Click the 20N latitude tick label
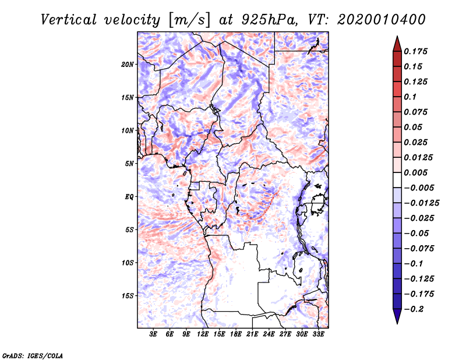(x=128, y=64)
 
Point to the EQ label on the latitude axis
(x=129, y=197)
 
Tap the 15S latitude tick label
(x=128, y=296)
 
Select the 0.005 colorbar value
(x=417, y=172)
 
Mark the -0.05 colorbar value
(x=416, y=232)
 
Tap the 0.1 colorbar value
(x=412, y=97)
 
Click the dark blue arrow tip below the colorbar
(x=397, y=319)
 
